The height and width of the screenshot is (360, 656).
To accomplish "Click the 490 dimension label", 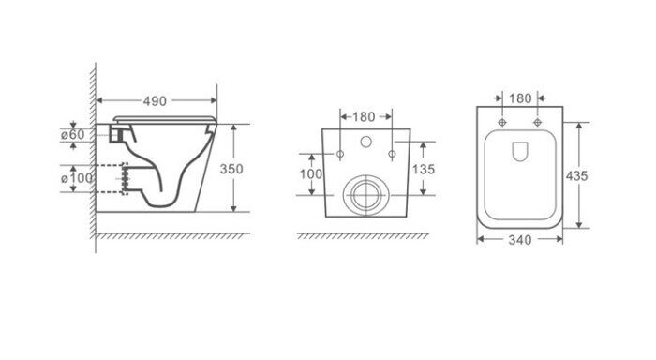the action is click(x=155, y=101).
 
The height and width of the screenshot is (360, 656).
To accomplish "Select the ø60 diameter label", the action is click(x=73, y=135).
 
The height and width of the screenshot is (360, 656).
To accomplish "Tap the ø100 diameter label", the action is click(x=77, y=178).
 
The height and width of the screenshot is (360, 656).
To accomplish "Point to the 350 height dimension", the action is click(x=231, y=169).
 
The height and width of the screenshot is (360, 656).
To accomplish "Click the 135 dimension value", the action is click(x=424, y=169).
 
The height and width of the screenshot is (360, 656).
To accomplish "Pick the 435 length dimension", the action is click(x=577, y=176).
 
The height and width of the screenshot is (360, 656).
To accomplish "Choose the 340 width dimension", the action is click(x=520, y=240).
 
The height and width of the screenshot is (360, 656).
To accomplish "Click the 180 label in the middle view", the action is click(x=364, y=117).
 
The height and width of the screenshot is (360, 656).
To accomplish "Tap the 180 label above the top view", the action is click(x=520, y=98).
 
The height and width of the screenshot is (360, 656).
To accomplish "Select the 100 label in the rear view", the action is click(x=311, y=173).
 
